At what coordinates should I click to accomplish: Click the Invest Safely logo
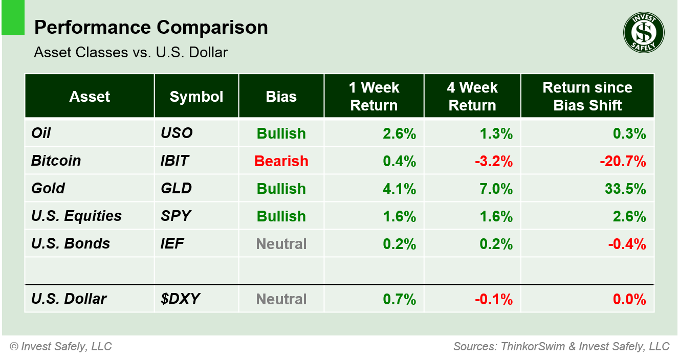[643, 33]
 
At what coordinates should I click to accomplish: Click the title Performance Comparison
[151, 28]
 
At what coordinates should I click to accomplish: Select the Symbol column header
[196, 97]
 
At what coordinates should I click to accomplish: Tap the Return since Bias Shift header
[587, 97]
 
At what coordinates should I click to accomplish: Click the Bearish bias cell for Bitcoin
[281, 161]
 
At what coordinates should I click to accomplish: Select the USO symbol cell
[177, 133]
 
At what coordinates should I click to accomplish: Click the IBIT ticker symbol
[174, 161]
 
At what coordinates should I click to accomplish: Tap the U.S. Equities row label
[76, 216]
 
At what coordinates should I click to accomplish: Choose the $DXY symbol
[177, 299]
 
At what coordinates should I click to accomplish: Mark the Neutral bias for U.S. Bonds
[281, 244]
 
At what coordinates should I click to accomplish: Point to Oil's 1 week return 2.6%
[399, 133]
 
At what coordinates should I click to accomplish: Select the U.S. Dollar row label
[69, 299]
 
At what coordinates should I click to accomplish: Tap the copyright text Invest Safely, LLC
[60, 347]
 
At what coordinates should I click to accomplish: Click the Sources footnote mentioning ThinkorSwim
[561, 347]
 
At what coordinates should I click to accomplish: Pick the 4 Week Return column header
[472, 97]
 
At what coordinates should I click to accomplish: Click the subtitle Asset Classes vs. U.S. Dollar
[130, 52]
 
